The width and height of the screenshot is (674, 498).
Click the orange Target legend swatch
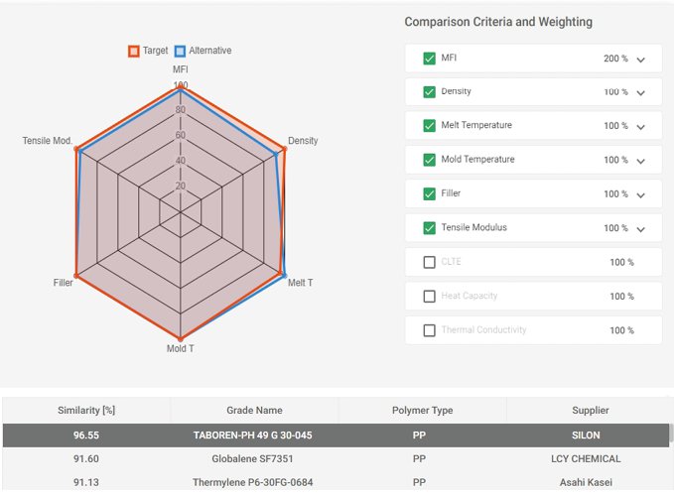point(134,51)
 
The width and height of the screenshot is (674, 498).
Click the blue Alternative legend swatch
point(180,51)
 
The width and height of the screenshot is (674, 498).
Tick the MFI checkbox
point(430,59)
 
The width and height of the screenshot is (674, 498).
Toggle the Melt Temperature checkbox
point(430,126)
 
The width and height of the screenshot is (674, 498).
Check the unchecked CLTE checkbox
point(430,262)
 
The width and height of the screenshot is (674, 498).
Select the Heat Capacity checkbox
point(430,296)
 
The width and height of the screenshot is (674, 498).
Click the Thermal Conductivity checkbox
point(430,330)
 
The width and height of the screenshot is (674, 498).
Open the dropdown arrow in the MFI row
point(641,60)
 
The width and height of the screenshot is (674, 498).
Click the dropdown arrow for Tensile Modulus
point(641,229)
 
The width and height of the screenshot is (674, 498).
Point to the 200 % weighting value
point(615,59)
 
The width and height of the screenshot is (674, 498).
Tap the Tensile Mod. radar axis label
point(47,141)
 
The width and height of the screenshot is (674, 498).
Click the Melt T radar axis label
point(300,283)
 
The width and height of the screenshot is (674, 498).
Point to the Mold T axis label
point(180,348)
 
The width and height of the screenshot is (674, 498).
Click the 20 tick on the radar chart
point(180,186)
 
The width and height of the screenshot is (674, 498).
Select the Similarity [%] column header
point(86,410)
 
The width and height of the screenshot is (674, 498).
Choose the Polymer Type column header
point(422,410)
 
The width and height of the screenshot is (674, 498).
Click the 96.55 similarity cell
point(86,435)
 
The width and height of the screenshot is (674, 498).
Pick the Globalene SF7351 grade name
point(253,458)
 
